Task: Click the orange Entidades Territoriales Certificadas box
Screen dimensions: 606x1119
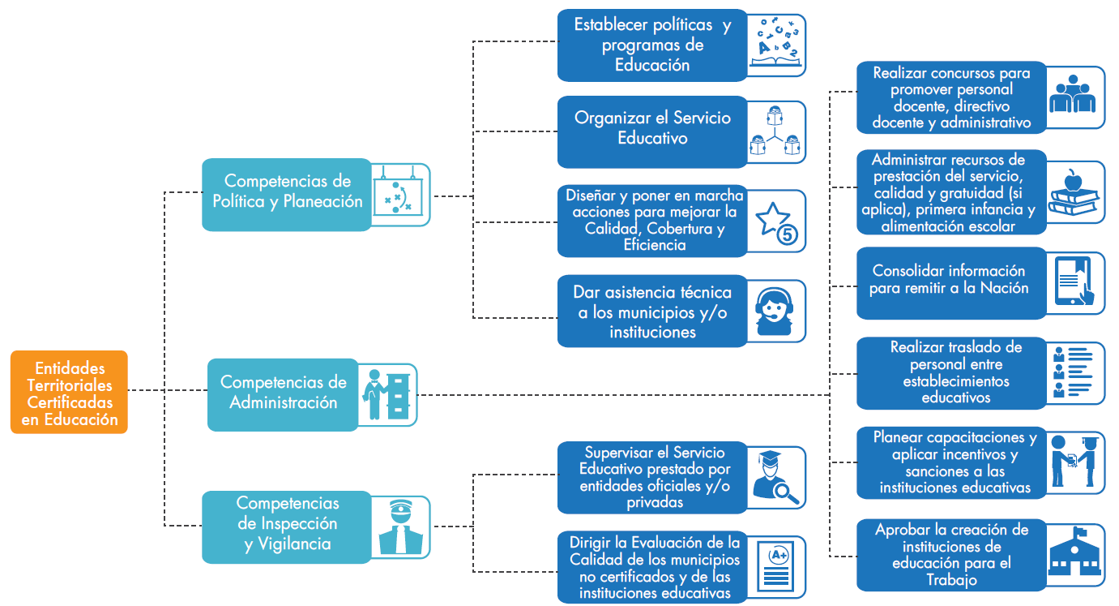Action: tap(70, 392)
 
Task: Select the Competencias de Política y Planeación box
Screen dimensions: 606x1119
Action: tap(287, 193)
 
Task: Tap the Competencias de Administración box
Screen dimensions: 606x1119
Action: tap(283, 393)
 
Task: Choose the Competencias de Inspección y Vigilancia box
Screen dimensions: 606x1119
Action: tap(287, 526)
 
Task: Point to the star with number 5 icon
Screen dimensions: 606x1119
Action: tap(777, 222)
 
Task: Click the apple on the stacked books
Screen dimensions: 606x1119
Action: tap(1074, 180)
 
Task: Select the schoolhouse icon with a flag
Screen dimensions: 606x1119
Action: tap(1075, 555)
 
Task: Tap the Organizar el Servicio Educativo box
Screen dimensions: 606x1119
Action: tap(652, 128)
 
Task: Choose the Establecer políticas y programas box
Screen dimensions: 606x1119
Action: tap(652, 45)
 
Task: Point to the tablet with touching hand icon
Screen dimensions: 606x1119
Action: tap(1075, 282)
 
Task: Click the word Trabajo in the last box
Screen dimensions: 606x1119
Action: tap(951, 580)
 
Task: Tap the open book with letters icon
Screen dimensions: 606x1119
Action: tap(777, 45)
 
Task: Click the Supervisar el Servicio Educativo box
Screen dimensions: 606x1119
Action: tap(653, 478)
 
